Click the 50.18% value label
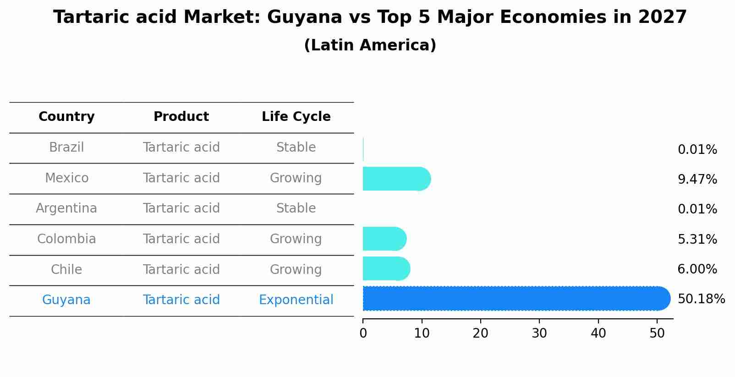[701, 299]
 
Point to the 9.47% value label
[697, 179]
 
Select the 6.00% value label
[697, 269]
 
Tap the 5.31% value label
[697, 239]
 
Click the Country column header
[66, 117]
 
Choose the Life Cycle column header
[296, 117]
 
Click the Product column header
[181, 117]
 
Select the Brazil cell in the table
[66, 148]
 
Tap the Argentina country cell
[66, 208]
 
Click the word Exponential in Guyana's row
[296, 300]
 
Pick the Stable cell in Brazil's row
[296, 148]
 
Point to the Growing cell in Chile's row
[296, 269]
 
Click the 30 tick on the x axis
[539, 333]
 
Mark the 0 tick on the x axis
[363, 333]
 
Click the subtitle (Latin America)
[370, 45]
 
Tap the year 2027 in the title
[662, 17]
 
